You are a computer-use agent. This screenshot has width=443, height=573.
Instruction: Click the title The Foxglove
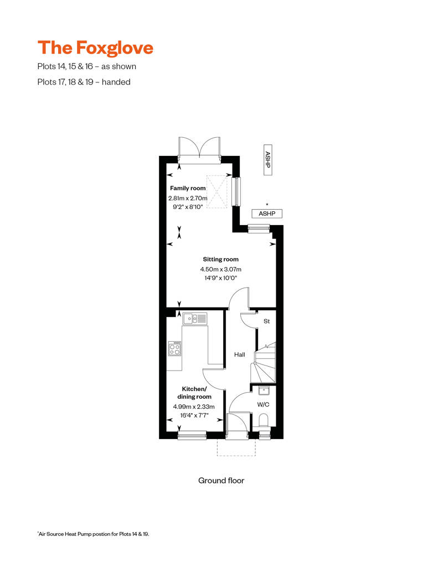tap(95, 48)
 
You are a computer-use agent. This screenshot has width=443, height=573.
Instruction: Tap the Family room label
tap(188, 189)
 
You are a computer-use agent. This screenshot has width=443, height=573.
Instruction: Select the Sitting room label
tap(221, 259)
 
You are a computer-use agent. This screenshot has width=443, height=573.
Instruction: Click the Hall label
tap(239, 355)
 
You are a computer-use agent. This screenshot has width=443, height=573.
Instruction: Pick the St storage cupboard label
tap(266, 321)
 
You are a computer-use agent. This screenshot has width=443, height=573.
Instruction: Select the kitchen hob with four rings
tap(174, 348)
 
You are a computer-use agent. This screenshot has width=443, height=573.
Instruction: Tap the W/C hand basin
tap(264, 391)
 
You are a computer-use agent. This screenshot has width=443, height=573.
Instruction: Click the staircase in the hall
tap(264, 363)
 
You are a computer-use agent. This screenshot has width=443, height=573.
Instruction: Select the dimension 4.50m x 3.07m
tap(221, 269)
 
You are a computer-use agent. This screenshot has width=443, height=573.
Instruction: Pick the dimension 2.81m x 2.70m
tap(188, 198)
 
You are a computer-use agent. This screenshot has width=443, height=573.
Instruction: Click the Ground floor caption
tap(221, 481)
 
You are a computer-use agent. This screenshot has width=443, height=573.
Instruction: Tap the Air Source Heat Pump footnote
tap(94, 534)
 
